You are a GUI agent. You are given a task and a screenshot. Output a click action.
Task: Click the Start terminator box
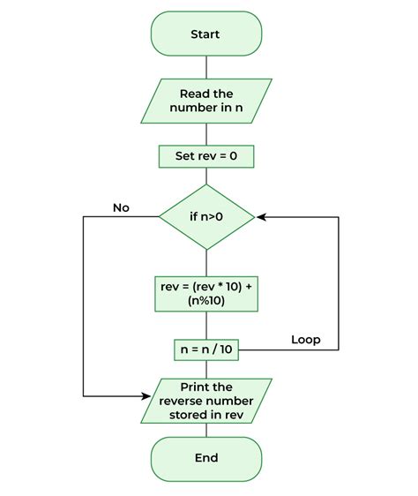[x=206, y=34]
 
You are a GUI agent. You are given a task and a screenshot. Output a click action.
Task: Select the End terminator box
[x=206, y=458]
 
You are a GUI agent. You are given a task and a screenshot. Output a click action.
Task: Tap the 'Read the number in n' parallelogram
[x=206, y=101]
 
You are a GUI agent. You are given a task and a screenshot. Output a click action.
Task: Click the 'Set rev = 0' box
[x=206, y=157]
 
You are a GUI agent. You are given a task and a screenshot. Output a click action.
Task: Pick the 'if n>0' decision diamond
[x=206, y=216]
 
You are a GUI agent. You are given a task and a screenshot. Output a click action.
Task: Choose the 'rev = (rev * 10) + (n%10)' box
[x=206, y=293]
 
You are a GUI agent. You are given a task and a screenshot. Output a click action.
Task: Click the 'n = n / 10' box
[x=206, y=349]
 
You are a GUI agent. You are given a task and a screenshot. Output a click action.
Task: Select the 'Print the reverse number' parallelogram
[x=206, y=400]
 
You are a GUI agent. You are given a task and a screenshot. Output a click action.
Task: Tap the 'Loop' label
[x=305, y=339]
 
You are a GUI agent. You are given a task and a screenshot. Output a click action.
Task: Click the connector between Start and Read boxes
[x=206, y=67]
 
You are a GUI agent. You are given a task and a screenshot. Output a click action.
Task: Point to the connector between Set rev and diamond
[x=206, y=177]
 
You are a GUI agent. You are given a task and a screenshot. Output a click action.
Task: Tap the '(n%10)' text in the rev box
[x=206, y=301]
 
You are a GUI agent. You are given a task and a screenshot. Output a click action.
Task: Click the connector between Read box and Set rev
[x=206, y=134]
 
